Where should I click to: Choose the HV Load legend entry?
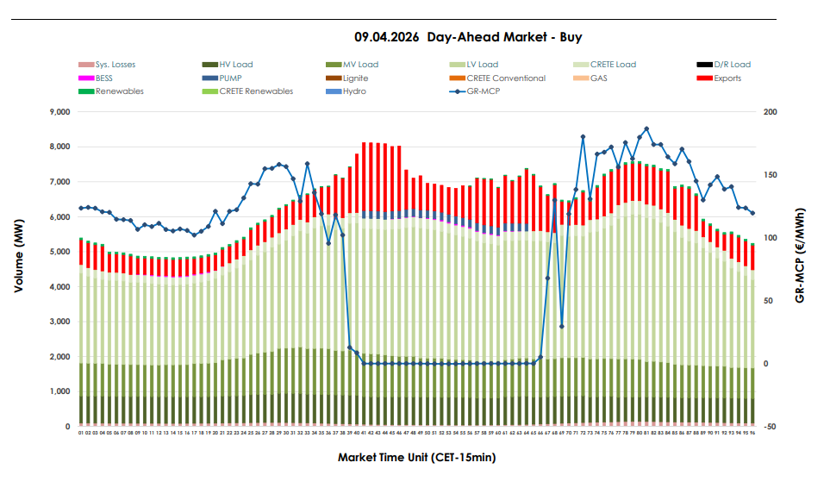pos(235,65)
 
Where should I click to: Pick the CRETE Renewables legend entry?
pos(255,91)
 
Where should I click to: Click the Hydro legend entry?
pos(354,91)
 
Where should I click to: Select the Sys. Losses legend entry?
pos(115,65)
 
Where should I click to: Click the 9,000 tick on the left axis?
pos(59,112)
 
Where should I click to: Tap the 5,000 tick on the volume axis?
pos(59,252)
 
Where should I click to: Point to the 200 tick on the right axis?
pos(770,112)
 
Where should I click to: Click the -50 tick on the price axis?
pos(770,427)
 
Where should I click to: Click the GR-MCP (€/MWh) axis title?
pos(801,255)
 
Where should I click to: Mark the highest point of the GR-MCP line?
pos(646,129)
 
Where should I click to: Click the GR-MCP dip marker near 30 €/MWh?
pos(562,326)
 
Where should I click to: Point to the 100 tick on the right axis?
pos(770,238)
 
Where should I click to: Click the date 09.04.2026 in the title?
pos(387,38)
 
